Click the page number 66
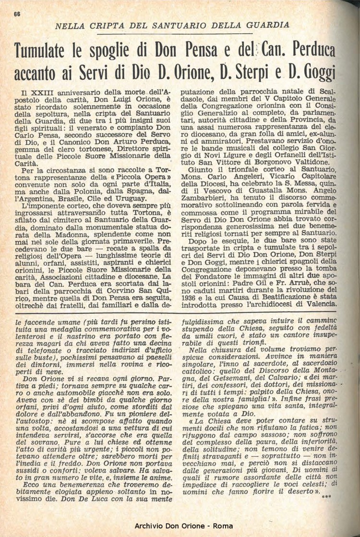pos(17,14)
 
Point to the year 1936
pos(189,296)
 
